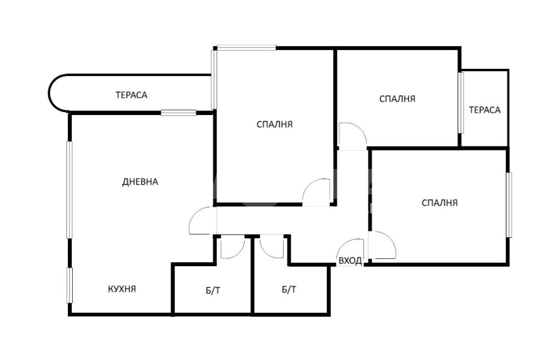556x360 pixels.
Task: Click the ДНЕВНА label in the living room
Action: tap(140, 182)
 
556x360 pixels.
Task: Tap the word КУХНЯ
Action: tap(122, 289)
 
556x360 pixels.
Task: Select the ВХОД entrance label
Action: tap(350, 261)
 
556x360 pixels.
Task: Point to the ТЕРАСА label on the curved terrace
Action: tap(131, 95)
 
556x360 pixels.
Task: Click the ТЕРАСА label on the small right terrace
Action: tap(485, 110)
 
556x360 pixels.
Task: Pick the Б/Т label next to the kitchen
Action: tap(213, 291)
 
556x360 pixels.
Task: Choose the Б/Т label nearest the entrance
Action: tap(289, 290)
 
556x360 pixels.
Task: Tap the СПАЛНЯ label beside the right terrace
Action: tap(397, 99)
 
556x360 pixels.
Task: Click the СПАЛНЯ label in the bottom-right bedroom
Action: tap(440, 203)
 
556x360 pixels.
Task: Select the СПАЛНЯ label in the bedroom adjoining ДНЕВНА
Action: tap(275, 124)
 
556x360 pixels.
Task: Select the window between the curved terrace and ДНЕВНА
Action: tap(178, 113)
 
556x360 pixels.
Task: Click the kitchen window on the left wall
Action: tap(69, 285)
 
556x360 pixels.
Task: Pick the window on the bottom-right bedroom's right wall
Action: tap(509, 205)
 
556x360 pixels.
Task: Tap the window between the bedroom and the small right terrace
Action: tap(460, 103)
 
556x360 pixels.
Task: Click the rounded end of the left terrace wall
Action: tap(49, 93)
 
